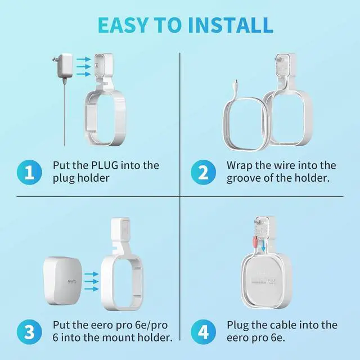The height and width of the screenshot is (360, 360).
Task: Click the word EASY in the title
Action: tap(123, 25)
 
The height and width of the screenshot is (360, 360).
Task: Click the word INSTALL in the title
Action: tap(230, 25)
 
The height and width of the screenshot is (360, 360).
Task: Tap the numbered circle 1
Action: tap(29, 172)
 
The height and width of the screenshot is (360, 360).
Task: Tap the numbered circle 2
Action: tap(203, 172)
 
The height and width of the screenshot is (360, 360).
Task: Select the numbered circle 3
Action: tap(29, 332)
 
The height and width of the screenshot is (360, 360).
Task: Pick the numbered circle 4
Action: tap(203, 332)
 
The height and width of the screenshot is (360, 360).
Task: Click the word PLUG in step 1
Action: tap(105, 165)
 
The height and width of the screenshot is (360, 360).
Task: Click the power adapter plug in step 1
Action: tap(62, 66)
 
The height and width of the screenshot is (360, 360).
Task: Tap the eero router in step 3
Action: tap(62, 281)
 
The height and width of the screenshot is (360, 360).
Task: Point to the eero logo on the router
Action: tap(72, 281)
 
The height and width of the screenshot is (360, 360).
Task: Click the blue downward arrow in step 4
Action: tap(263, 246)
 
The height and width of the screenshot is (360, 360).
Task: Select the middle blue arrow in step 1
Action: tap(84, 66)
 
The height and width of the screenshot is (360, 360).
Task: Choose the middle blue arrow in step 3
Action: tap(91, 281)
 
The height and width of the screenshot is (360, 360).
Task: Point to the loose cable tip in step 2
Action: tap(237, 81)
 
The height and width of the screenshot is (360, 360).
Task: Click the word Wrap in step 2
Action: tap(240, 166)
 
